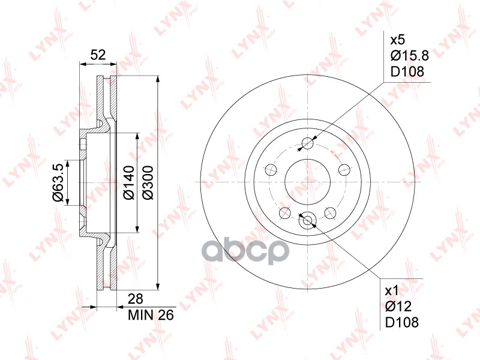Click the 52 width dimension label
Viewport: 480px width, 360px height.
point(98,55)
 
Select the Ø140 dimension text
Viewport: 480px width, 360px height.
point(128,182)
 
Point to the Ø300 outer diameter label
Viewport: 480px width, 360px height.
point(148,182)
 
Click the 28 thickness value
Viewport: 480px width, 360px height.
point(136,299)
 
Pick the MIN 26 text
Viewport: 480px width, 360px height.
point(151,314)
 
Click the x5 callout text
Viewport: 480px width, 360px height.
point(398,40)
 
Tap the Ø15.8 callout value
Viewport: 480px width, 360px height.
point(410,56)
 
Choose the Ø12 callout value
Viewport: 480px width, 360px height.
point(398,307)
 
